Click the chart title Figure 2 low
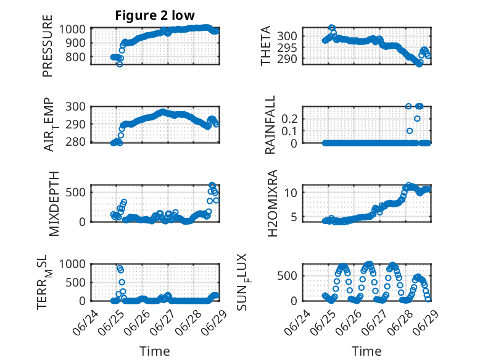[155, 15]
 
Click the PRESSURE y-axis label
[48, 46]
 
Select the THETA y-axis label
[266, 46]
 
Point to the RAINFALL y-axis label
[270, 125]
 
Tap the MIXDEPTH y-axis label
[54, 203]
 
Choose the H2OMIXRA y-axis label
[272, 203]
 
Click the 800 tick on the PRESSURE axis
[75, 57]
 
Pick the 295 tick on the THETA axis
[287, 48]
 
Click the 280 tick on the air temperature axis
[75, 142]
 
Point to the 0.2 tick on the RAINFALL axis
[289, 119]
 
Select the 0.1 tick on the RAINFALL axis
[289, 131]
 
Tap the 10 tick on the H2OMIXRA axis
[291, 193]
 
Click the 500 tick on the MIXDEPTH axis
[75, 193]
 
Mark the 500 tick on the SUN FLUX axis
[287, 276]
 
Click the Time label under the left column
[155, 351]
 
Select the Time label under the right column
[366, 351]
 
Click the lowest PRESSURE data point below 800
[120, 64]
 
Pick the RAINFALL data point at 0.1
[410, 131]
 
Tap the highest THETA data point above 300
[331, 28]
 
